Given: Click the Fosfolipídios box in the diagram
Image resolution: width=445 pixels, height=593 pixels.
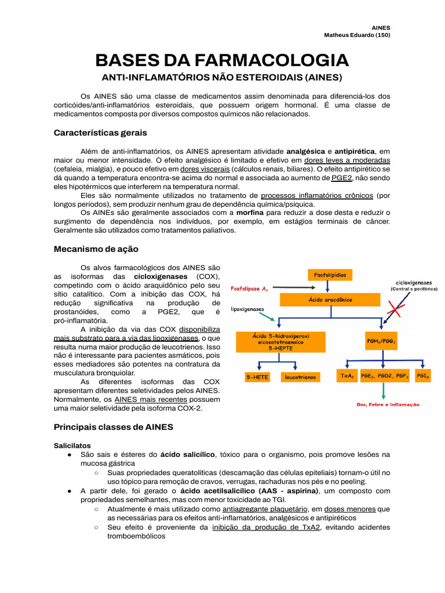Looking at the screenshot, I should [330, 275].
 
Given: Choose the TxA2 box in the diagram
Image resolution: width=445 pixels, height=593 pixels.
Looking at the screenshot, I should [346, 376].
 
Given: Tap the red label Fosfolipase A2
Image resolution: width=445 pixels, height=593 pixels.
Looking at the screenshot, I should [249, 287].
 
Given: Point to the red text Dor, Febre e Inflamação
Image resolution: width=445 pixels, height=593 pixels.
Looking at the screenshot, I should [388, 405].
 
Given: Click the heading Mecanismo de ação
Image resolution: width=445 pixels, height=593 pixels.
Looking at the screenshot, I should [96, 249].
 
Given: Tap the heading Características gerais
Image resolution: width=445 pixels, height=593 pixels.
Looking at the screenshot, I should [100, 133].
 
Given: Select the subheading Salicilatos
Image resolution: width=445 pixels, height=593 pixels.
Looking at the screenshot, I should [72, 446].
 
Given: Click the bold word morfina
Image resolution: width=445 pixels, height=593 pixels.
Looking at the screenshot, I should [250, 213].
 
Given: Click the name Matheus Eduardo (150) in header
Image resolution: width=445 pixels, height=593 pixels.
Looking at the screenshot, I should [357, 35].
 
